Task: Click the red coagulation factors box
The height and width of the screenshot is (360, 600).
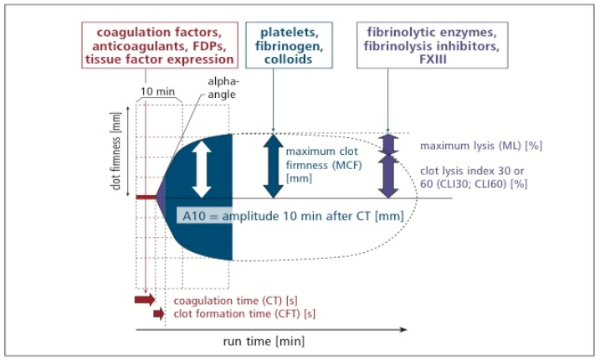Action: coord(160,45)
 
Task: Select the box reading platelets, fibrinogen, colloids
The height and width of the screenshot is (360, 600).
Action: coord(289,45)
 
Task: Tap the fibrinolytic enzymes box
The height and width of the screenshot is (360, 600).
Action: coord(433,45)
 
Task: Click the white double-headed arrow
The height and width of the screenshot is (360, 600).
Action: coord(202,169)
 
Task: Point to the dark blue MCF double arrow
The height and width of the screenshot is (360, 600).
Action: coord(273,166)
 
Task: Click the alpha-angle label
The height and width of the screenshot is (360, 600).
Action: coord(223,88)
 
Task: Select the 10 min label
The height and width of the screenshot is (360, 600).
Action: coord(157,91)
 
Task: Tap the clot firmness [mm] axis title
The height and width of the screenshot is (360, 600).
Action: coord(115,151)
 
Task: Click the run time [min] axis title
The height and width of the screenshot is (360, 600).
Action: coord(264,341)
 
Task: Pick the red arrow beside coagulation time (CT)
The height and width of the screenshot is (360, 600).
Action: coord(145,299)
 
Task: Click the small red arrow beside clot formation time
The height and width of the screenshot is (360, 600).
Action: coord(158,314)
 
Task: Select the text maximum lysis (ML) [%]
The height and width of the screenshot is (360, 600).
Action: coord(481,146)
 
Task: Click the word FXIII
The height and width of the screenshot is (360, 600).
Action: coord(433,59)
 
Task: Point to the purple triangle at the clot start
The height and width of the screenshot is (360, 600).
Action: coord(161,197)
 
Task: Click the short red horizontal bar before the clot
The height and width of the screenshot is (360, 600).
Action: coord(146,198)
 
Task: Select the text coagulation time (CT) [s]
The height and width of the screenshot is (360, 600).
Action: coord(235,301)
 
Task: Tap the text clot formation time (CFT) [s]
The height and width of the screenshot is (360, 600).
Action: coord(244,314)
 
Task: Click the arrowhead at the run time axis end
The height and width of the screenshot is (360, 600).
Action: coord(403,329)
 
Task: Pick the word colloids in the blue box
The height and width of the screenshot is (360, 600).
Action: coord(288,59)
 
